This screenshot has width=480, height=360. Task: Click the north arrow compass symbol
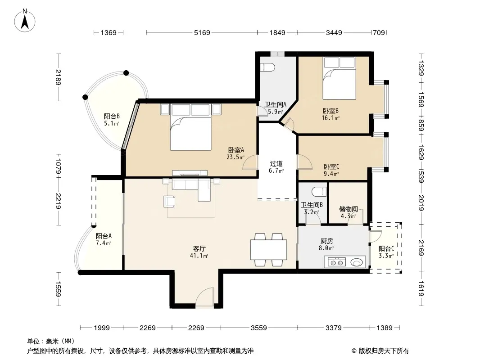click(25, 21)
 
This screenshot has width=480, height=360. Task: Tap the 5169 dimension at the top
click(202, 32)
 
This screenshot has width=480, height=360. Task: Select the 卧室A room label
click(235, 150)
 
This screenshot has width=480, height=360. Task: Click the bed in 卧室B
click(339, 78)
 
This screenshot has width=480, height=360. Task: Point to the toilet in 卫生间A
click(267, 67)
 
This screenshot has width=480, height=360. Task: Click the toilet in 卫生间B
click(319, 191)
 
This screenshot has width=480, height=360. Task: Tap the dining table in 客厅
click(268, 250)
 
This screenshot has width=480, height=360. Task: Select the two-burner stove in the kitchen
click(337, 262)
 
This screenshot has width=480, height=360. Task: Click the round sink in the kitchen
click(356, 262)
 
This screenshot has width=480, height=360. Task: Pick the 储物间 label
click(349, 209)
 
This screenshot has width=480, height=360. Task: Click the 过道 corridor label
click(276, 164)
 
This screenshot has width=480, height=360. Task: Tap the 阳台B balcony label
click(111, 116)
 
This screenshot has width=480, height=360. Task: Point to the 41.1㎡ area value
click(199, 256)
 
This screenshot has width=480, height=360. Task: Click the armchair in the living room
click(170, 202)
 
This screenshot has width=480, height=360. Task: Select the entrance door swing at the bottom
click(204, 297)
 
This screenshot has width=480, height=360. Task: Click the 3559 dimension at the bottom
click(258, 328)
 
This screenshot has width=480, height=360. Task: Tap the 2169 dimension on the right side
click(421, 248)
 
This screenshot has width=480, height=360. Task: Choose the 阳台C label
click(386, 249)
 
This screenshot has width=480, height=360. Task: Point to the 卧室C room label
click(331, 166)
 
